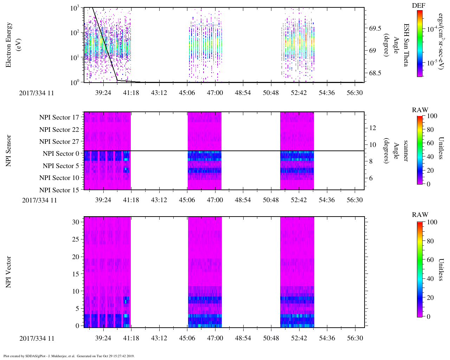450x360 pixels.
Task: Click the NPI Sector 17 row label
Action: coord(59,117)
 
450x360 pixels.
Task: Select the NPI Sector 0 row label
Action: coord(61,154)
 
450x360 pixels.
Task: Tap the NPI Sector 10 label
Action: coord(59,178)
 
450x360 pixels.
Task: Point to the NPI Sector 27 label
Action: coord(59,142)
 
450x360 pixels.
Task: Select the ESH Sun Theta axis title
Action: coord(406,45)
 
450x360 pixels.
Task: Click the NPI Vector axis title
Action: coord(8,272)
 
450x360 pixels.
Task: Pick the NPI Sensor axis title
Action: coord(8,151)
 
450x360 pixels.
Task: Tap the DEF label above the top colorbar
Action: coord(418,6)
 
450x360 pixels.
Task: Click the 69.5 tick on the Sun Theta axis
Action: coord(375,28)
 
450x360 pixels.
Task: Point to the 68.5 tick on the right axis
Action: coord(375,73)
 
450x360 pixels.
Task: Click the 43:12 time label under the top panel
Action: coord(159,93)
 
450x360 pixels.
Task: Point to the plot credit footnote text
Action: coord(69,356)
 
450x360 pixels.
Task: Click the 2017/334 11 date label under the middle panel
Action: coord(39,200)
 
